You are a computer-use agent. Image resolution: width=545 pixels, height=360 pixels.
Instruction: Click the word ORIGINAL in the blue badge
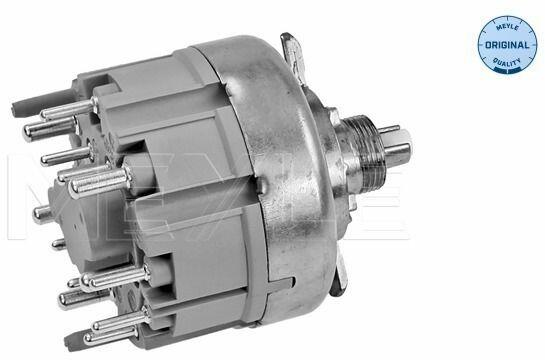507,45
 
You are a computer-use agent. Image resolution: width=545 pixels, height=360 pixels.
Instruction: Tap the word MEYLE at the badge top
507,27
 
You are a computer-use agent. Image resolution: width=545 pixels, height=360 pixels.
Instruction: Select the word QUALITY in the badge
507,63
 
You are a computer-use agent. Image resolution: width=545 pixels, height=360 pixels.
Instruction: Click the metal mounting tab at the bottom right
340,275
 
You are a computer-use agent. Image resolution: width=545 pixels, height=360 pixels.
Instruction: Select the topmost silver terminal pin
68,108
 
